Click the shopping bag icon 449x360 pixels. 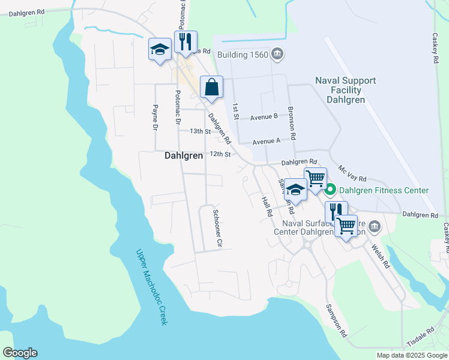pyautogui.click(x=212, y=87)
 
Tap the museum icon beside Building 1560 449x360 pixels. pyautogui.click(x=277, y=55)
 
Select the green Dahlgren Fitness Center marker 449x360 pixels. pyautogui.click(x=330, y=191)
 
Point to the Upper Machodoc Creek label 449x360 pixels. pyautogui.click(x=151, y=287)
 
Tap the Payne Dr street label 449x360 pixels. pyautogui.click(x=155, y=118)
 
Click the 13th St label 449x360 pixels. pyautogui.click(x=200, y=131)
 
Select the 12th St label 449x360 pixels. pyautogui.click(x=220, y=154)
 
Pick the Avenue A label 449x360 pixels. pyautogui.click(x=267, y=142)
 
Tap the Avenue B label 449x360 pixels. pyautogui.click(x=264, y=116)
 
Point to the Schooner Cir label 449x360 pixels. pyautogui.click(x=219, y=229)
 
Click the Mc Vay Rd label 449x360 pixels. pyautogui.click(x=352, y=175)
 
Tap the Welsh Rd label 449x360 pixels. pyautogui.click(x=381, y=256)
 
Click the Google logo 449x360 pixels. pyautogui.click(x=20, y=353)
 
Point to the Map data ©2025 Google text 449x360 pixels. pyautogui.click(x=411, y=355)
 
